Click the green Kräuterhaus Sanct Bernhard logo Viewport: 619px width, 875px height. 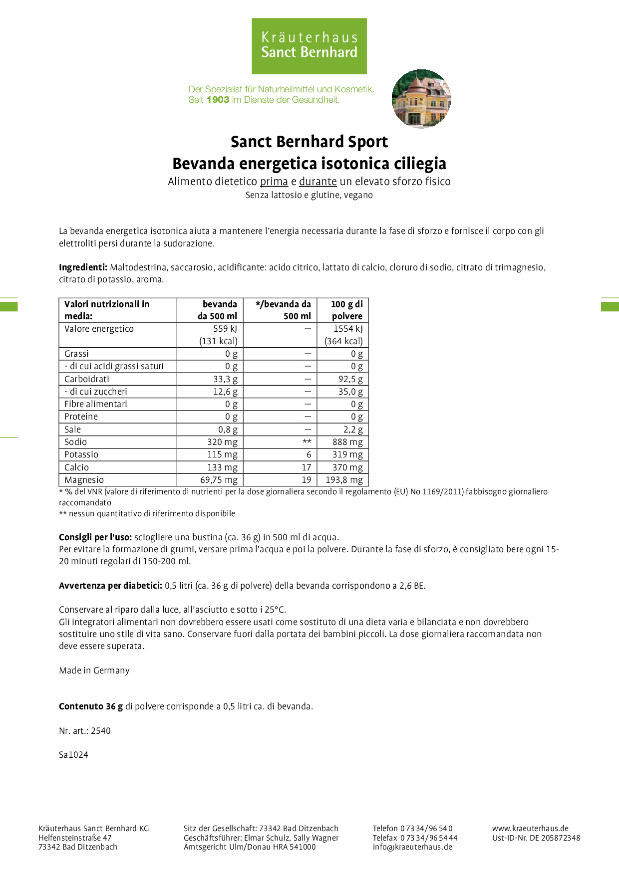tap(309, 46)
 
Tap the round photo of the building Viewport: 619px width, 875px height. tap(421, 99)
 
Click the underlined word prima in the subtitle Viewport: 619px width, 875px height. tap(274, 182)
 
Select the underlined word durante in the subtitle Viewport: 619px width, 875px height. tap(317, 182)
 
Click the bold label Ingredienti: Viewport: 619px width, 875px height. tap(83, 267)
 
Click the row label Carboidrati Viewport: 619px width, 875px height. tap(87, 379)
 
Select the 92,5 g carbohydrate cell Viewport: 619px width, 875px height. tap(350, 379)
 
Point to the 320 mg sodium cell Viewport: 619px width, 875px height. tap(222, 442)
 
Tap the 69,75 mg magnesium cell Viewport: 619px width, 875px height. tap(219, 480)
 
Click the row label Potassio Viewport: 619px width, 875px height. tap(81, 454)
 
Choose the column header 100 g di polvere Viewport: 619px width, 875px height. tap(346, 310)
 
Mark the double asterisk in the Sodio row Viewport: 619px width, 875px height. tap(307, 442)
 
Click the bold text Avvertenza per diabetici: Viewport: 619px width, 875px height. tap(110, 586)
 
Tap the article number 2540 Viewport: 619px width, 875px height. tap(101, 731)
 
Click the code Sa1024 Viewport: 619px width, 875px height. tap(73, 755)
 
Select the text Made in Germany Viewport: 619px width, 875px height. tap(94, 670)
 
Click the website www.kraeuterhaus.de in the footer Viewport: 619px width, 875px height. tap(530, 829)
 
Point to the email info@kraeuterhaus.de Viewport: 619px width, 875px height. tap(412, 847)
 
